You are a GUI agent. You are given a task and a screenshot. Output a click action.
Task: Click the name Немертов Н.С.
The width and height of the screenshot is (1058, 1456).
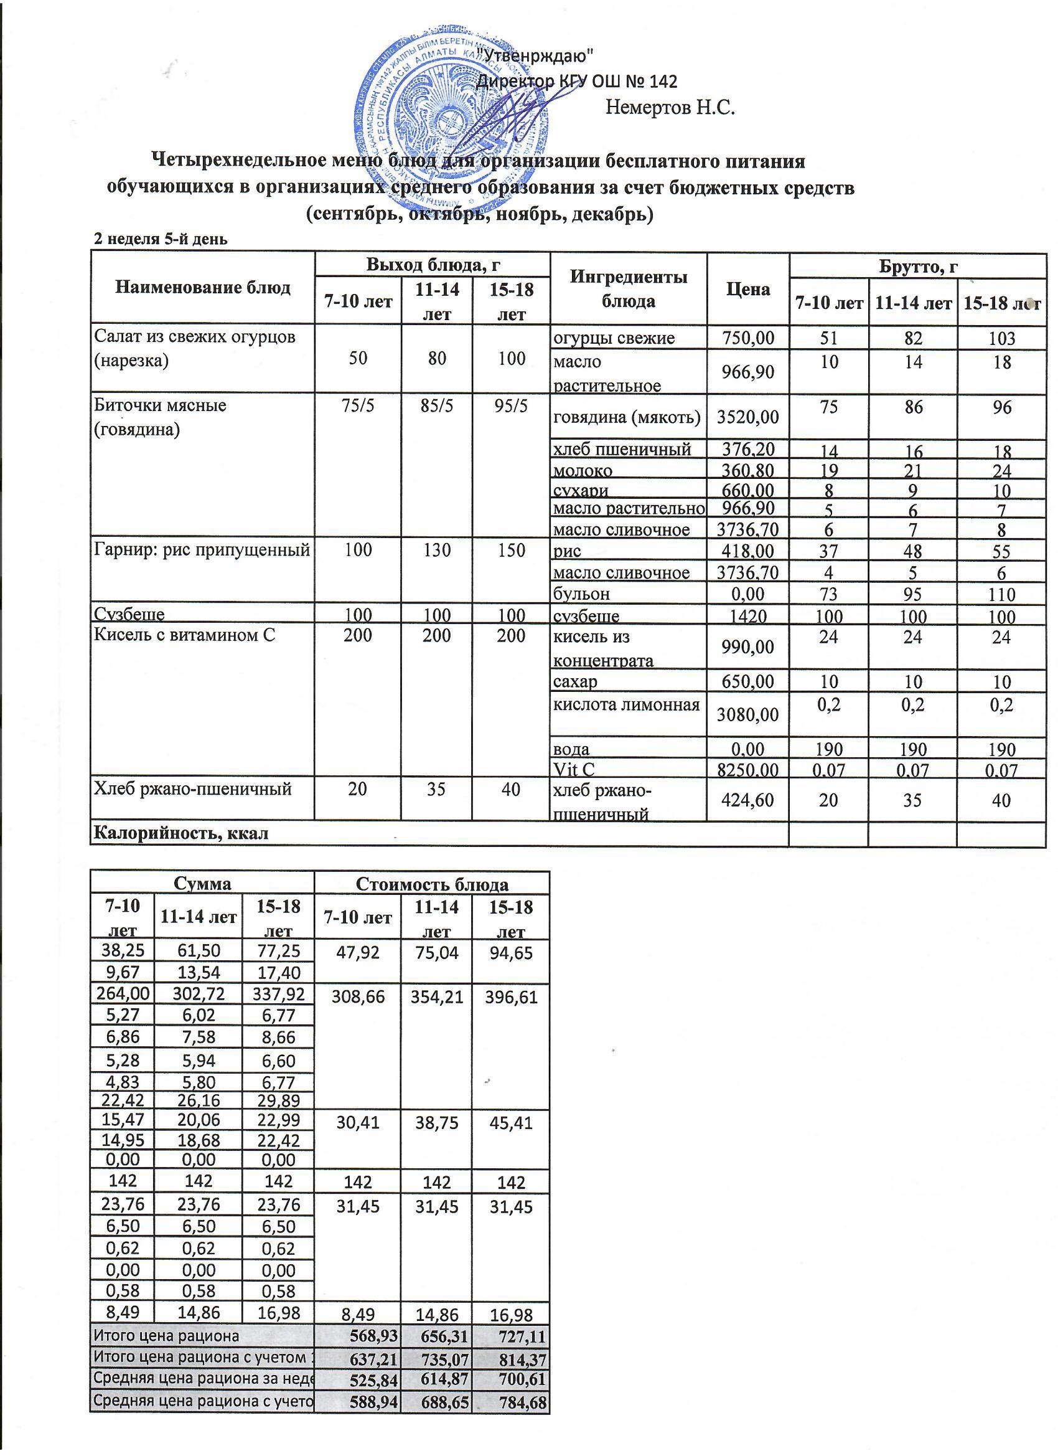pos(670,106)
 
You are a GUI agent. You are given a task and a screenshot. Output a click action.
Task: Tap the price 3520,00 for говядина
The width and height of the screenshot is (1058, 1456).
pos(747,417)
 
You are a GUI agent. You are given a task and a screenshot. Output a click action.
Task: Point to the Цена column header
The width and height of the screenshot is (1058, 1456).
pos(747,289)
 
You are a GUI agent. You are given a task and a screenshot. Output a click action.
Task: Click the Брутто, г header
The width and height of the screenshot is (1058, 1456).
pos(918,266)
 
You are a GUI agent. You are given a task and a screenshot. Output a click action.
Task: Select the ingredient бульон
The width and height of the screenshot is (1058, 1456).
pos(581,594)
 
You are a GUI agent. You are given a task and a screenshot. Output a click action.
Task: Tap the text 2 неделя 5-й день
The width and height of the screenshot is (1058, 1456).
pos(161,240)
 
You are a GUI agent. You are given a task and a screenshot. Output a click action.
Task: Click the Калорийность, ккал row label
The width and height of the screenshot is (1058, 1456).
pos(181,834)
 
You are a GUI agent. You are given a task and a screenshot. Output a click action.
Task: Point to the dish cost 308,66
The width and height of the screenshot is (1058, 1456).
pos(357,997)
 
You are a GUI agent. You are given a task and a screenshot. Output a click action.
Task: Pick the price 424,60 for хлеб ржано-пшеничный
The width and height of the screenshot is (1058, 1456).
pos(747,800)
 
